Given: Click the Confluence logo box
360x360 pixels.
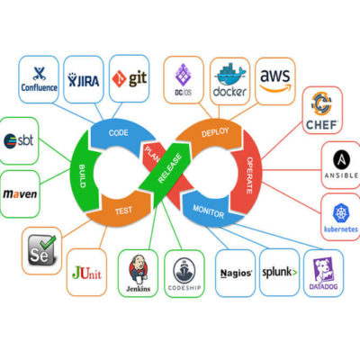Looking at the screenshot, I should point(39,79).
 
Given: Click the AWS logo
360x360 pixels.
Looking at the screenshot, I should point(275,78).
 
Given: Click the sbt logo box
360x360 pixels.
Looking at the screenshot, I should point(21,140).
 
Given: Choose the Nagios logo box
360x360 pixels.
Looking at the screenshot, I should point(234,272).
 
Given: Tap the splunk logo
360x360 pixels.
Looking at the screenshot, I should point(279,272).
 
